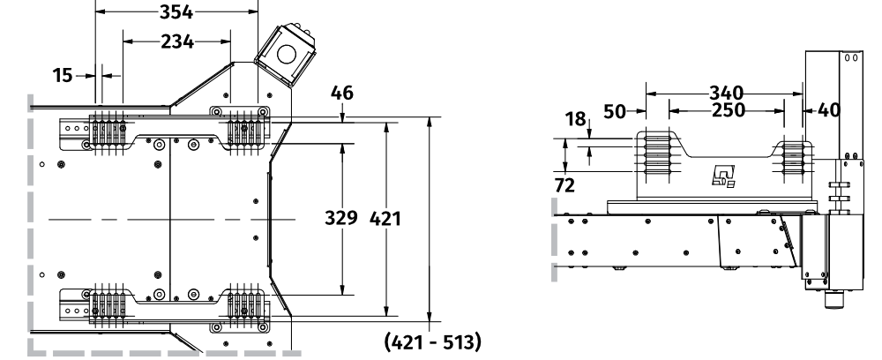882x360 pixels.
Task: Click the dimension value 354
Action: [x=178, y=11]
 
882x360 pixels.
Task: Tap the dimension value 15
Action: [x=62, y=76]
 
